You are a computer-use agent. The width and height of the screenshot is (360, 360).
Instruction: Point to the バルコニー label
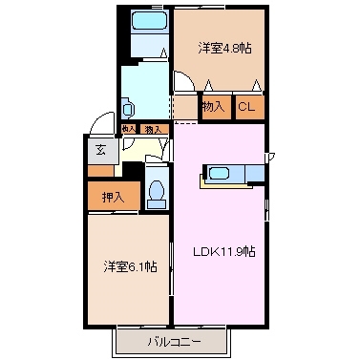(x=173, y=341)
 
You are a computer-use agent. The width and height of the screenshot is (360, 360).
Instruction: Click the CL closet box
(x=244, y=107)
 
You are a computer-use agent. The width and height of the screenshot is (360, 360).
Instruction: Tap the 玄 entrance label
(x=100, y=148)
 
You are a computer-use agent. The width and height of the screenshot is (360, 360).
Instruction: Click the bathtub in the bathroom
(x=147, y=21)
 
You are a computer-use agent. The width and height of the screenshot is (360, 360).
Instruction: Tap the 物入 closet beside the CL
(x=213, y=107)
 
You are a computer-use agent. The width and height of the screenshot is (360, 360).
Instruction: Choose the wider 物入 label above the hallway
(x=152, y=129)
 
